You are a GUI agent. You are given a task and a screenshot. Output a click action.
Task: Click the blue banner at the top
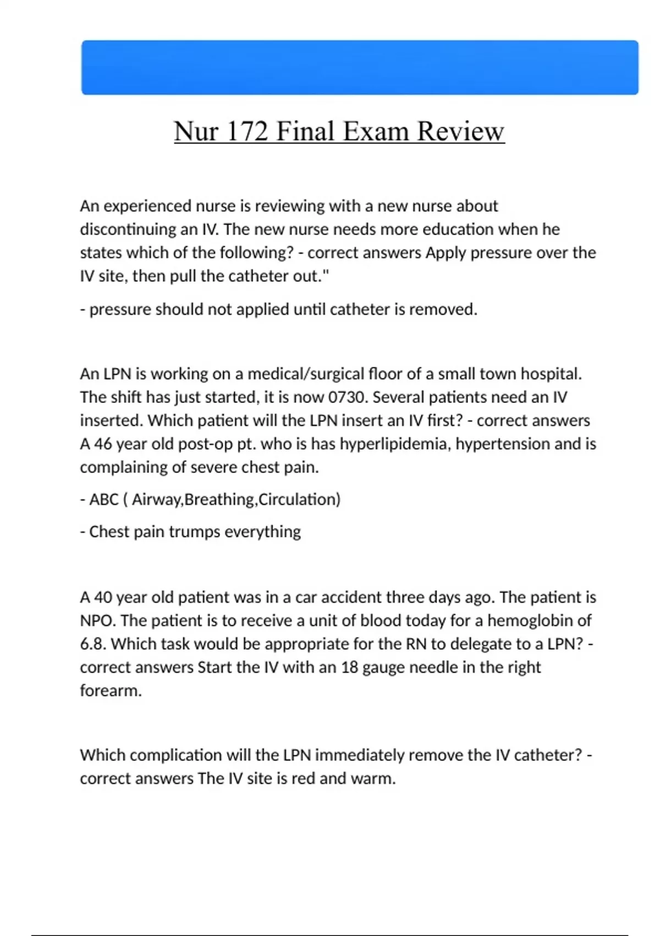click(360, 67)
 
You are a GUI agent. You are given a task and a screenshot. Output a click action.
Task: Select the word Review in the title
click(460, 132)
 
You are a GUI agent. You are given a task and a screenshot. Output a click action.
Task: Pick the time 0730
click(348, 397)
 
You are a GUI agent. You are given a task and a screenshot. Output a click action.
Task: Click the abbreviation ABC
click(104, 499)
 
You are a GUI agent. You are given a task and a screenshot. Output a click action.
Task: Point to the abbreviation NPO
click(97, 621)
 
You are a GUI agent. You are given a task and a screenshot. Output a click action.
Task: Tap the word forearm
click(111, 690)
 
